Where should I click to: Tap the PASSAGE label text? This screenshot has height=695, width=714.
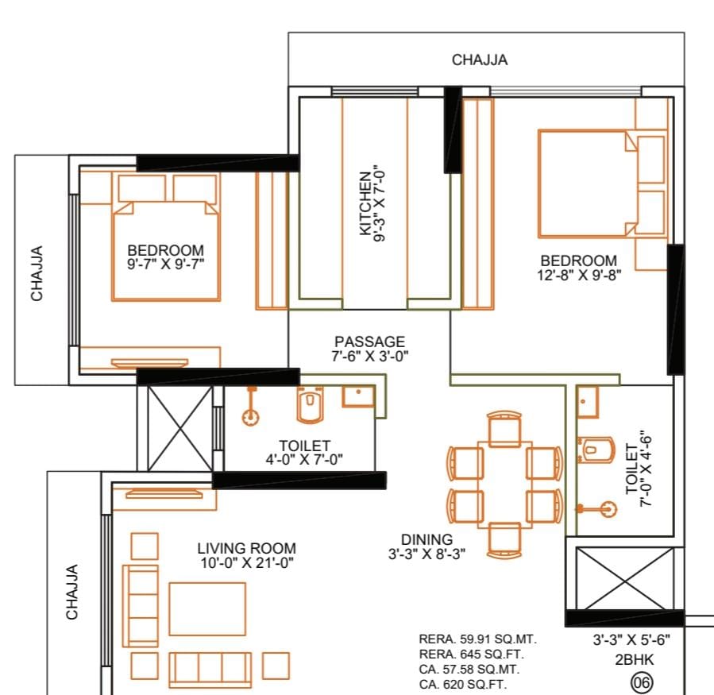click(x=370, y=342)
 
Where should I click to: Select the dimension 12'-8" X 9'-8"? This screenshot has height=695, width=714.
click(x=579, y=275)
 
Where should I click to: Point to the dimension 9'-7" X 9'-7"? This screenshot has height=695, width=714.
click(x=166, y=264)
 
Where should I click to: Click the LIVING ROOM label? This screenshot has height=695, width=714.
click(x=246, y=548)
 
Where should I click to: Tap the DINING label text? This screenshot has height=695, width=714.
click(x=426, y=539)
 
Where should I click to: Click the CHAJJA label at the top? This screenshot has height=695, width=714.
click(x=480, y=60)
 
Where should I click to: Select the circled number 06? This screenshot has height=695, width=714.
click(x=642, y=682)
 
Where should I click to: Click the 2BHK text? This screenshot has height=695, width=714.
click(x=635, y=659)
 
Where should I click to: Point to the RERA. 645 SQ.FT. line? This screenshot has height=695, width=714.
click(x=471, y=654)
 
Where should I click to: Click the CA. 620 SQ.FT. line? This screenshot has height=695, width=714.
click(x=463, y=684)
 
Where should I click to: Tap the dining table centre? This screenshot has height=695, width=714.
click(x=504, y=485)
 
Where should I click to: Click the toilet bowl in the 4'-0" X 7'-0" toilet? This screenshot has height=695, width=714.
click(x=310, y=403)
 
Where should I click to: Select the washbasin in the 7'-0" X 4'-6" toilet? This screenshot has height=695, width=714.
click(x=588, y=401)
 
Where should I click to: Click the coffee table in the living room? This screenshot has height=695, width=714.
click(x=207, y=608)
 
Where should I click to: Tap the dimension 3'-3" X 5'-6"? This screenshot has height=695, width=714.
click(x=631, y=639)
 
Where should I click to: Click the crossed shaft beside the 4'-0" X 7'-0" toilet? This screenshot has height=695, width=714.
click(x=180, y=428)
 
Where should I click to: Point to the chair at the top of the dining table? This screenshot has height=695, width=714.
click(x=504, y=429)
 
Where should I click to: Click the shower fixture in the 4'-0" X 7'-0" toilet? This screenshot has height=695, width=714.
click(x=250, y=406)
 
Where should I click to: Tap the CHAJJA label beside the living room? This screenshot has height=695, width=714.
click(x=72, y=592)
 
